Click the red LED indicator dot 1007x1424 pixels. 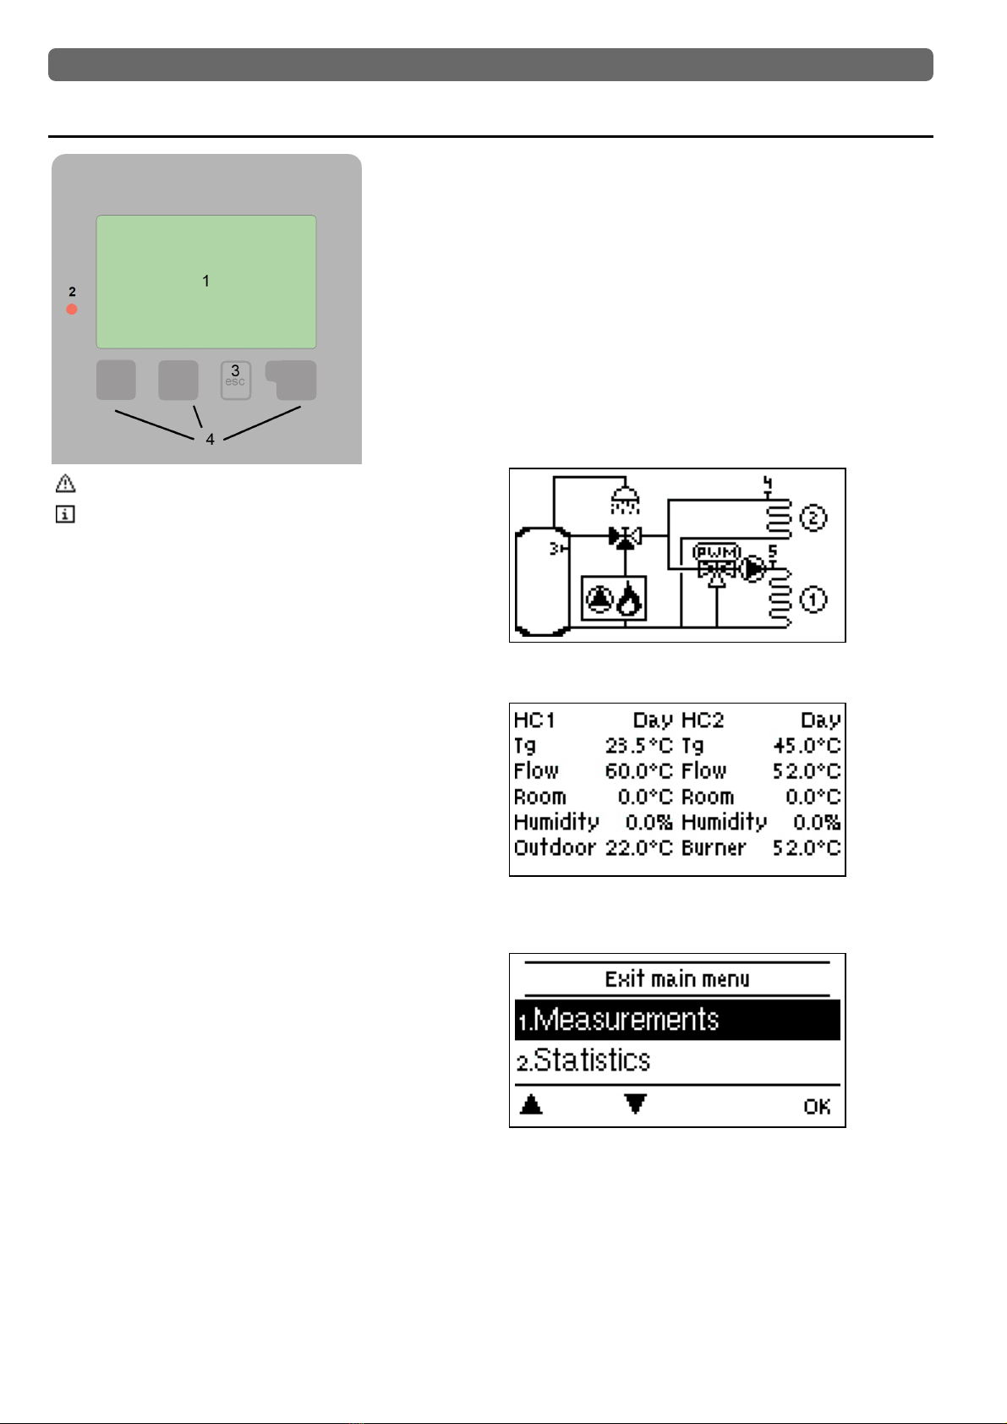click(72, 309)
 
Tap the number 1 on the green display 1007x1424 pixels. click(206, 281)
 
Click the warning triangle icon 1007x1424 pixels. click(65, 484)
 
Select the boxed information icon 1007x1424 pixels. click(65, 513)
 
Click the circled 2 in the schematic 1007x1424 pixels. click(813, 518)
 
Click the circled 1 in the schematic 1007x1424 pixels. click(813, 600)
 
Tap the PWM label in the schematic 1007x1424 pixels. click(716, 551)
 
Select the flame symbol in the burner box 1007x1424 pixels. click(629, 599)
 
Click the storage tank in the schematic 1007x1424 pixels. click(542, 581)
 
